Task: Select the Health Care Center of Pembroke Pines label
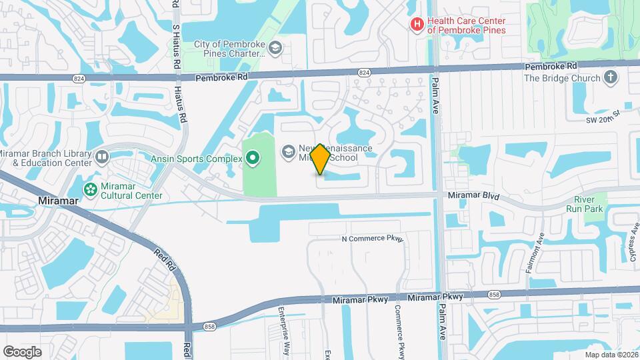[466, 25]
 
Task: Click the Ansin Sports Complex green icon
[252, 158]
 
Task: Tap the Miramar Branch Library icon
[102, 157]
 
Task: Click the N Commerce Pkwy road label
[372, 238]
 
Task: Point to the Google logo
[22, 351]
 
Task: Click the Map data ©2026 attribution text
[611, 355]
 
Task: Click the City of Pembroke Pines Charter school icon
[275, 48]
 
